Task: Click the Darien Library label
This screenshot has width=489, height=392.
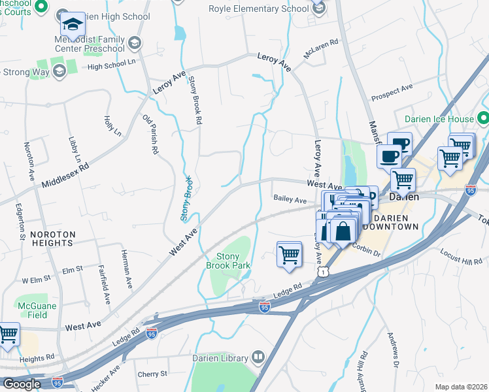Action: (x=220, y=357)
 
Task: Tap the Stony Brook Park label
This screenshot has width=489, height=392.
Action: (x=229, y=261)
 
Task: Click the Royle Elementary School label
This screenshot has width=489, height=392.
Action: (x=258, y=8)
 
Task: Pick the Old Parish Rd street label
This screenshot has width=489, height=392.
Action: (x=151, y=135)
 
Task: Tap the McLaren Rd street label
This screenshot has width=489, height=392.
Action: (x=320, y=50)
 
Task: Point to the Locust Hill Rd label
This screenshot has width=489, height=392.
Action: (x=461, y=256)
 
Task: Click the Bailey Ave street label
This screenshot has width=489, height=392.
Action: (x=290, y=199)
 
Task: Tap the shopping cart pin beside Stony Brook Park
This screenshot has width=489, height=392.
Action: (x=289, y=254)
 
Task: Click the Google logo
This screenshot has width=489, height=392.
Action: (x=22, y=384)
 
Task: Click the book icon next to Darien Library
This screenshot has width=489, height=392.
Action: (x=258, y=357)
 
